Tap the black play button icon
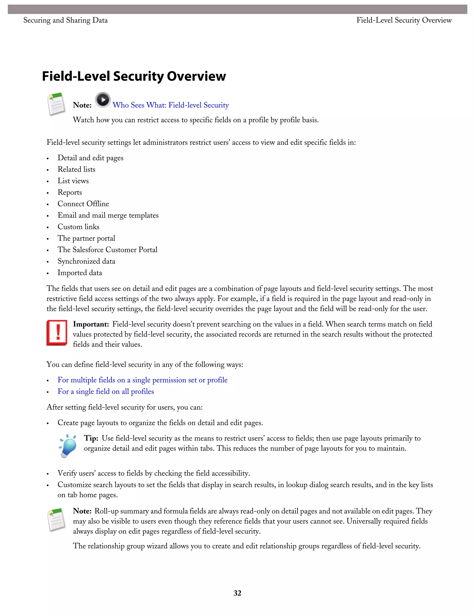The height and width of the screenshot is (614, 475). point(103,100)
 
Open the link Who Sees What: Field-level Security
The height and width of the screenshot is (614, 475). point(170,105)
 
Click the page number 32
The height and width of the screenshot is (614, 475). point(237,593)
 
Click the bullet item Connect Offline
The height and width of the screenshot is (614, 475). point(83,204)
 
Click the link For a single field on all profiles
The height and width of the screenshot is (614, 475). point(106,392)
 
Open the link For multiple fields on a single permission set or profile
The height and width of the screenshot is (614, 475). point(142,380)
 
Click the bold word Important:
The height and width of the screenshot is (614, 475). point(91,324)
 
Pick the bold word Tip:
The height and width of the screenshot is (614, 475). point(91,438)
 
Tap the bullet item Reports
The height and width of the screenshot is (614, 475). point(70,192)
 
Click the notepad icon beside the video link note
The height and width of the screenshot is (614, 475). point(57,104)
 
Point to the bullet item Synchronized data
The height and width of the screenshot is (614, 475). point(86,261)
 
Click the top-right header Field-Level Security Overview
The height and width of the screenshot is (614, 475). point(404,20)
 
